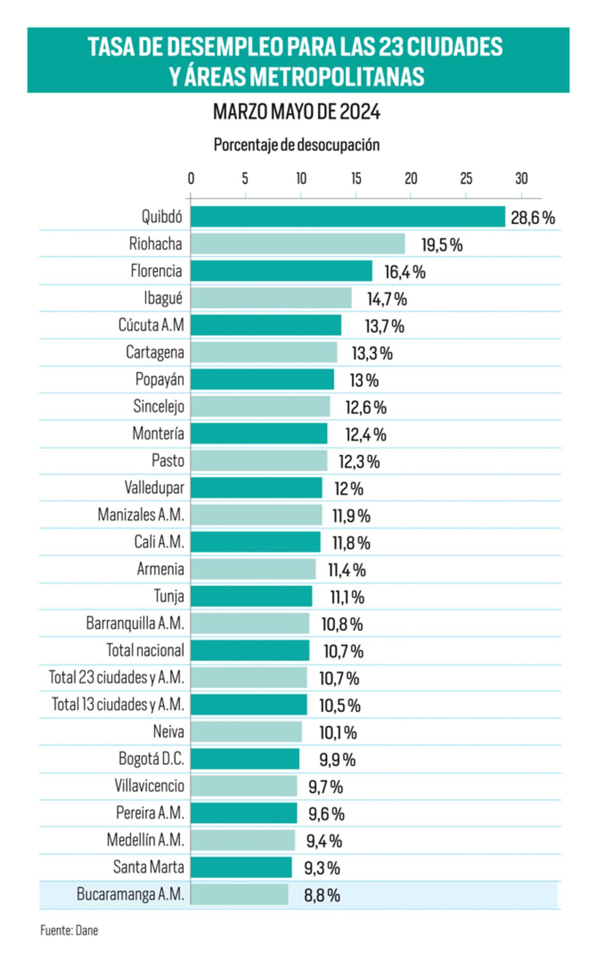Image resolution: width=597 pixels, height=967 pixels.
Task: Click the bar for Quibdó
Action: pyautogui.click(x=347, y=217)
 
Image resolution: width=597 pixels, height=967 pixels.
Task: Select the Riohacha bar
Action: pyautogui.click(x=298, y=244)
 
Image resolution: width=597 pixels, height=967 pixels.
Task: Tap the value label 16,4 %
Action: pyautogui.click(x=404, y=272)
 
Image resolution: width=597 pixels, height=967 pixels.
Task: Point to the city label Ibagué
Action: pyautogui.click(x=163, y=298)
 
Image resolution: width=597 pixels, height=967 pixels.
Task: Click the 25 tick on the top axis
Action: pyautogui.click(x=466, y=179)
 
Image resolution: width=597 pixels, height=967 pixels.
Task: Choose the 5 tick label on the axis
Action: pyautogui.click(x=245, y=179)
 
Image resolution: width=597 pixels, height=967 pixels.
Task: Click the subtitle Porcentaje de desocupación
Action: pyautogui.click(x=297, y=145)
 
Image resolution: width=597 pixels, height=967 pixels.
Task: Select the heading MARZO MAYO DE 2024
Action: pyautogui.click(x=297, y=112)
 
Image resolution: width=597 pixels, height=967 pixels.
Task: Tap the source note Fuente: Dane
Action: pyautogui.click(x=69, y=930)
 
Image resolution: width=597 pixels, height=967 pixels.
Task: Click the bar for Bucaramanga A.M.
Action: pyautogui.click(x=239, y=894)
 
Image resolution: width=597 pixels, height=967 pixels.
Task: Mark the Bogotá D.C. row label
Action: pyautogui.click(x=151, y=759)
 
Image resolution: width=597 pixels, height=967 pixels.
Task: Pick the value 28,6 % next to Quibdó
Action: pyautogui.click(x=532, y=217)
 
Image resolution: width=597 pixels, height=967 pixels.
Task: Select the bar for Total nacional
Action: pyautogui.click(x=250, y=650)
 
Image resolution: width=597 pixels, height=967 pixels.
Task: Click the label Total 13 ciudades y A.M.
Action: pyautogui.click(x=118, y=705)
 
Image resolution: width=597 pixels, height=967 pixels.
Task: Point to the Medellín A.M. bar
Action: pyautogui.click(x=243, y=840)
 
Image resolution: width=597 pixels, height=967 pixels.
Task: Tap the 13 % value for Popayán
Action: pyautogui.click(x=364, y=380)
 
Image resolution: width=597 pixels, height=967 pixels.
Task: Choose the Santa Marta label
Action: pyautogui.click(x=148, y=867)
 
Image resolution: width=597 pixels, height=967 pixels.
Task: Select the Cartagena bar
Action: pyautogui.click(x=264, y=352)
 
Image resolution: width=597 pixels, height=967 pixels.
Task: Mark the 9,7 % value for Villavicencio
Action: pyautogui.click(x=325, y=787)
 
